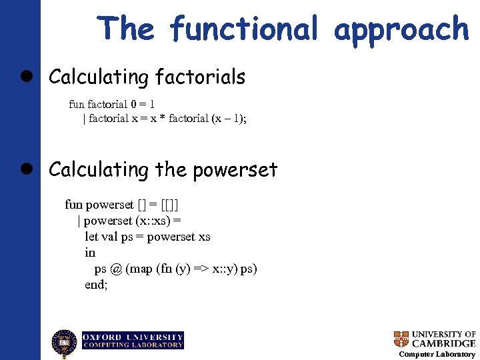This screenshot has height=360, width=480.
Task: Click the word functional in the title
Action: pyautogui.click(x=244, y=29)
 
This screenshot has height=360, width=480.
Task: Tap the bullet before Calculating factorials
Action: pyautogui.click(x=32, y=77)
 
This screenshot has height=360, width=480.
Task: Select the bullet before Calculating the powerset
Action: pyautogui.click(x=32, y=170)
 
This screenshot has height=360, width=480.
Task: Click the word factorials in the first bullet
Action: pyautogui.click(x=200, y=77)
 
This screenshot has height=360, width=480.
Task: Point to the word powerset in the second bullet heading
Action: pyautogui.click(x=235, y=171)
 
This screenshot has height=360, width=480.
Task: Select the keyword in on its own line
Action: pyautogui.click(x=90, y=253)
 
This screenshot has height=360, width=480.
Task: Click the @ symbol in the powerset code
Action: pyautogui.click(x=116, y=269)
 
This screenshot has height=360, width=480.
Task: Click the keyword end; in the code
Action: pyautogui.click(x=96, y=285)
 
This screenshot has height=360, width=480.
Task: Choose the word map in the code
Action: pyautogui.click(x=141, y=269)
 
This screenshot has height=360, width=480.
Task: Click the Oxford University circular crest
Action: pyautogui.click(x=65, y=343)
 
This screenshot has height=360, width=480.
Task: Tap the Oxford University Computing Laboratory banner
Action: pyautogui.click(x=133, y=341)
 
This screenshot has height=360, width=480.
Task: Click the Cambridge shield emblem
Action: pyautogui.click(x=401, y=339)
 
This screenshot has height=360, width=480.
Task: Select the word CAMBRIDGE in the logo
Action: pyautogui.click(x=443, y=343)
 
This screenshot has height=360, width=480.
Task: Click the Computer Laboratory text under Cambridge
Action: pyautogui.click(x=437, y=354)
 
